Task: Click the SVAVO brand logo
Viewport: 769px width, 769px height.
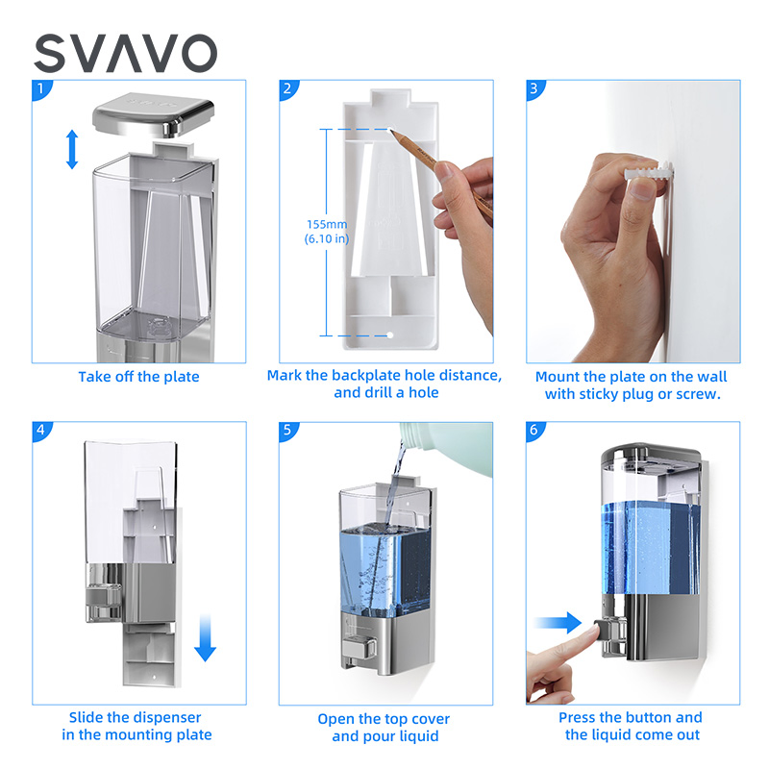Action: (x=126, y=53)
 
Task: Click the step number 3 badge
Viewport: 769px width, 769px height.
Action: (x=534, y=89)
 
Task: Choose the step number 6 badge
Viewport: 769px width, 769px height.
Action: (x=534, y=430)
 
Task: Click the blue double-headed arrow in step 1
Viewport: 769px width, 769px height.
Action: (x=72, y=150)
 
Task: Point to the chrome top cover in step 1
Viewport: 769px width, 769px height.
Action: (x=153, y=114)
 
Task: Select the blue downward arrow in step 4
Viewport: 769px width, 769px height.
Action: (x=205, y=638)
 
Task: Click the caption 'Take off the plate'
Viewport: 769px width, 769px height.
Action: (x=138, y=377)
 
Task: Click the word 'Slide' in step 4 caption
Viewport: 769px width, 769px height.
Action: (x=87, y=717)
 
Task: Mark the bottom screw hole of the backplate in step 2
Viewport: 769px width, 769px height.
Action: (x=390, y=335)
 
